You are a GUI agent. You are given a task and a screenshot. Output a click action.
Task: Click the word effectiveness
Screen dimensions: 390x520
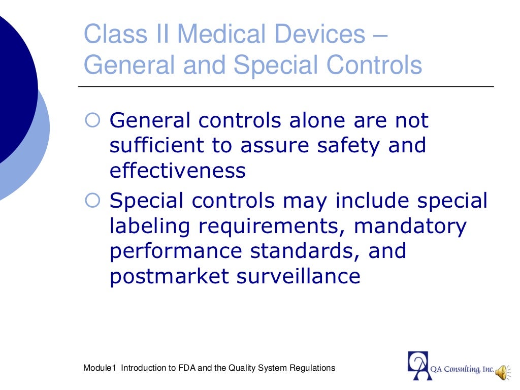pos(177,171)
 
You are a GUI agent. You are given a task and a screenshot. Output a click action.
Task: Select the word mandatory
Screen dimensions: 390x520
pos(410,226)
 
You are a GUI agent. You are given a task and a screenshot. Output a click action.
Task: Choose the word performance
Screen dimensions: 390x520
pos(174,251)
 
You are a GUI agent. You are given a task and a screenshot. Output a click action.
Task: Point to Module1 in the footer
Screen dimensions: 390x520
pos(100,368)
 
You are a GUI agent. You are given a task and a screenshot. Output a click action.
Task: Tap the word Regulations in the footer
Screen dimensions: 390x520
pos(312,368)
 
